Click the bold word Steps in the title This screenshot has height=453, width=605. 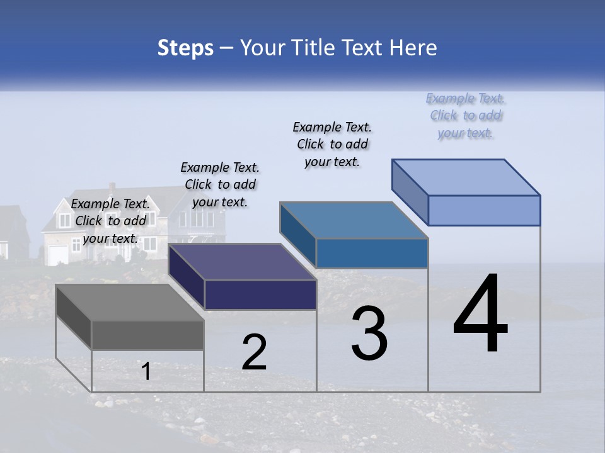point(185,48)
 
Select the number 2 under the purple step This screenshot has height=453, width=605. point(255,352)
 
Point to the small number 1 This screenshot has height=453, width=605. point(146,372)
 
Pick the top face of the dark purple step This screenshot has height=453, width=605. point(242,262)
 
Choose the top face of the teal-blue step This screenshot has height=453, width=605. point(354,220)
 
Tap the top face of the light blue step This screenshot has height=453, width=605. point(466,177)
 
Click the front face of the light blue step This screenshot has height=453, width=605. point(484,210)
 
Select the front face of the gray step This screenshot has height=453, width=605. point(147,335)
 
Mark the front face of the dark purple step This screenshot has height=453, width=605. point(260,294)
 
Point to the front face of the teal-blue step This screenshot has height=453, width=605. point(372,253)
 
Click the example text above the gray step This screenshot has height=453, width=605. point(110,221)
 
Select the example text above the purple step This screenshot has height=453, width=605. point(220,184)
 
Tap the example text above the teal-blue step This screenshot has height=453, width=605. point(332,144)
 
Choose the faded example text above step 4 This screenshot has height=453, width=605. point(466,115)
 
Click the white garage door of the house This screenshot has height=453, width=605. point(59,254)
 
